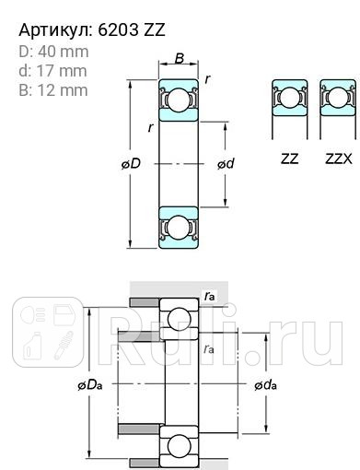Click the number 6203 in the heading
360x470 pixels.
116,30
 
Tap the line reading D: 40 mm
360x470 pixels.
52,52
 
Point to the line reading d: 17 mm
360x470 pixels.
52,71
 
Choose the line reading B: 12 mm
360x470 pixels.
52,89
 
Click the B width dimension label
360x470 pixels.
180,60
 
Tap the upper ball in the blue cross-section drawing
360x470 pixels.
179,102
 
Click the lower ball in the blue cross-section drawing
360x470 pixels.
179,227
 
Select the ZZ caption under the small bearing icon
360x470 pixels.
289,159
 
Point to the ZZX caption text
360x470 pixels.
338,159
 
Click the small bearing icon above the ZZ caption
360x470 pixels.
289,100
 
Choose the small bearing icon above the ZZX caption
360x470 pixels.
337,100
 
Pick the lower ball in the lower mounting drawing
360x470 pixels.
179,447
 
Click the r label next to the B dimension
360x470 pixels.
208,79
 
